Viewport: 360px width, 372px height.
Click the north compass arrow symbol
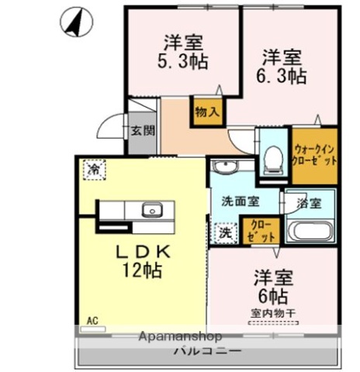[75, 22]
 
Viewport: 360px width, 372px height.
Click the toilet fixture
[272, 159]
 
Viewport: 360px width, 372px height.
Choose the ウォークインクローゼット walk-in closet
[315, 155]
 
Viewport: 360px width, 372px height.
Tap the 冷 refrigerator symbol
[94, 167]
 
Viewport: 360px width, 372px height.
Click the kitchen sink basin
[151, 209]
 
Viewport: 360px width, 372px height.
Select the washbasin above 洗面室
[226, 168]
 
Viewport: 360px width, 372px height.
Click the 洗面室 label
[240, 201]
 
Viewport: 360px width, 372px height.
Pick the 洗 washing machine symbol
[224, 231]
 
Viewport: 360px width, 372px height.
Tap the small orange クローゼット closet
[256, 230]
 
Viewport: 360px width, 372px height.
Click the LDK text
[144, 252]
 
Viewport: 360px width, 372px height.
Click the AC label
[92, 320]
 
